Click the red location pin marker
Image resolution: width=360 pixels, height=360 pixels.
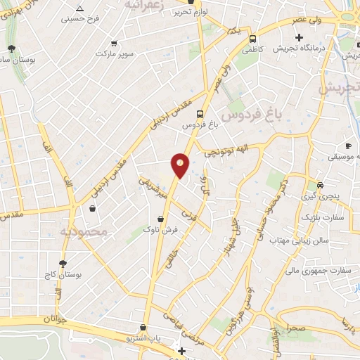coord(180,165)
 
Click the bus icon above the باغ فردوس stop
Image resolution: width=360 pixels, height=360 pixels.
coord(200,113)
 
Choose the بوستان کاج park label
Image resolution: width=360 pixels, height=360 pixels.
coord(63,275)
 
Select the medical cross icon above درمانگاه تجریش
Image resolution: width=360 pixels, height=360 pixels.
coord(300,37)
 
